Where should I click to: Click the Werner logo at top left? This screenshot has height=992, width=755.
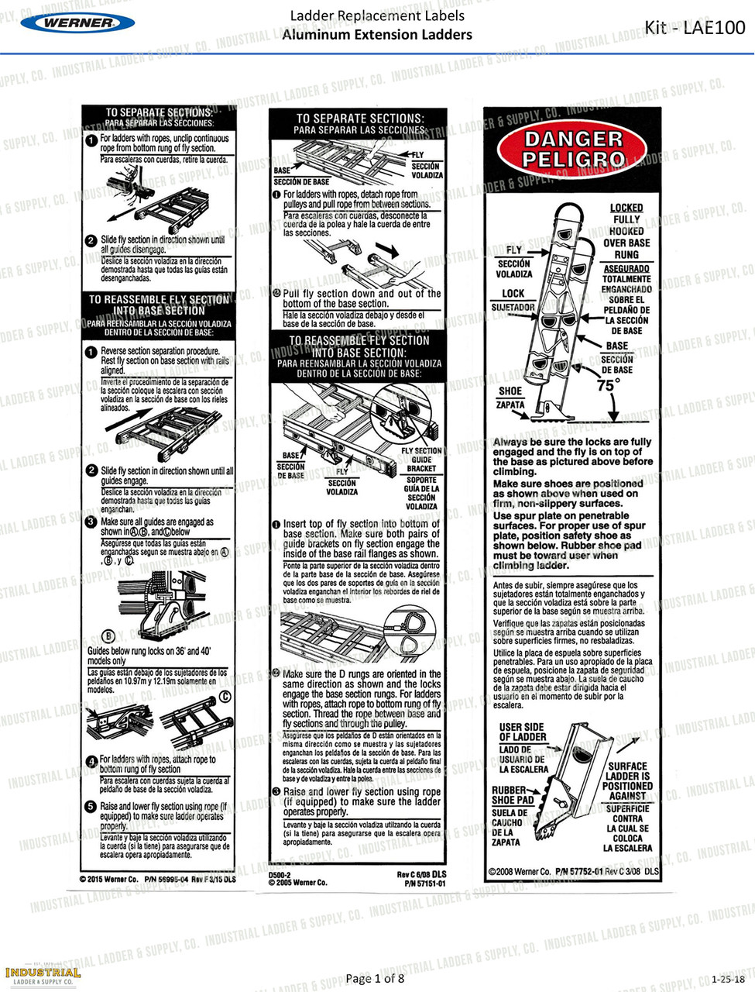pos(77,22)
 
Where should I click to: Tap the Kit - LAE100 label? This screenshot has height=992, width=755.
pos(695,28)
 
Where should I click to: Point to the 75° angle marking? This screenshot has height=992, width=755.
pos(609,385)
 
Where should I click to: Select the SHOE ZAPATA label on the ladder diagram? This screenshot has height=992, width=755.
pos(510,398)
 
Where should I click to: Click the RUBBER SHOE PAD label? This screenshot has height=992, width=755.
pos(513,794)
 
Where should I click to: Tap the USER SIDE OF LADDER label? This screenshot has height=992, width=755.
pos(522,732)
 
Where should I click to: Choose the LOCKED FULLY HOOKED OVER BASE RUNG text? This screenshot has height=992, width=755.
pos(626,231)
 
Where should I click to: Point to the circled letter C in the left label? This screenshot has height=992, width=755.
pos(225,697)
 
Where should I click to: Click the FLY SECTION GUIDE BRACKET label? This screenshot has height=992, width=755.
pos(422,460)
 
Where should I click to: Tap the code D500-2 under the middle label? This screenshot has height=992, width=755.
pos(280,874)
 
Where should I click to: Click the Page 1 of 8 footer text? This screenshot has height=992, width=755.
pos(375,978)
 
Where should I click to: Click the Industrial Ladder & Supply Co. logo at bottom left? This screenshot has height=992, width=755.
pos(43,976)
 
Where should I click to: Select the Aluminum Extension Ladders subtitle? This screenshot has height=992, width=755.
pos(376,35)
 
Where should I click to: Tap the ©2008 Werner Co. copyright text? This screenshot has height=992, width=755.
pos(520,871)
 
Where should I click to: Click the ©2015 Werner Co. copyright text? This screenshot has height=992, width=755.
pos(108,879)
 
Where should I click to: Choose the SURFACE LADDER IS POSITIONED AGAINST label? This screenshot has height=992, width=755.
pos(627,780)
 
